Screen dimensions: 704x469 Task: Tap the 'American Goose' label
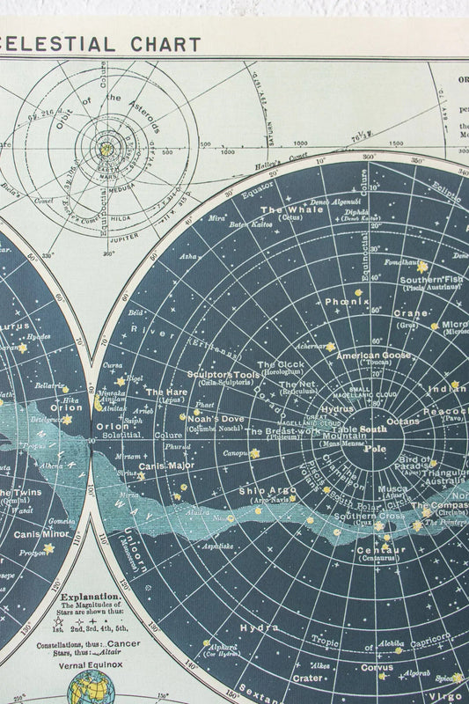373,356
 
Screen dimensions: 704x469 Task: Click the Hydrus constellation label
336,409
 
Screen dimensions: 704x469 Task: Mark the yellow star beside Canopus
254,453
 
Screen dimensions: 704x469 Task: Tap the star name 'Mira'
216,217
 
